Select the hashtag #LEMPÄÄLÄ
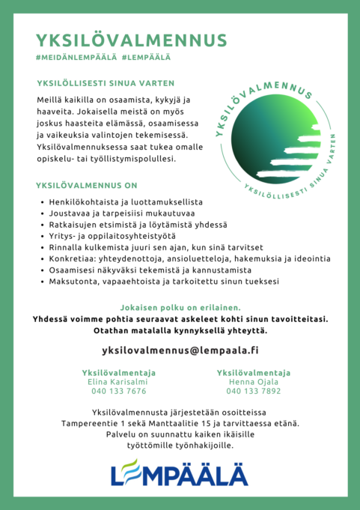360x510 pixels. point(146,57)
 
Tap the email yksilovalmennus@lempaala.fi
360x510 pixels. point(180,350)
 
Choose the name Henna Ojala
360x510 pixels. point(254,382)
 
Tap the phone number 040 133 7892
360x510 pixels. point(254,392)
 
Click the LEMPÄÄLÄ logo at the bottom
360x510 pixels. point(180,472)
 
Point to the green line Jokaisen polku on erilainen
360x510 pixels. point(180,308)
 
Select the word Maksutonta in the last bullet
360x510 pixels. point(75,281)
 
